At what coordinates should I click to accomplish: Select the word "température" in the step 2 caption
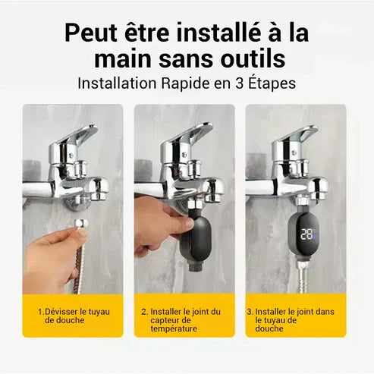coord(173,328)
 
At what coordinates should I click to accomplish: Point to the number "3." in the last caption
coord(250,311)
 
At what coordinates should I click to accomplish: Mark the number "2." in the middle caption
coord(144,311)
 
